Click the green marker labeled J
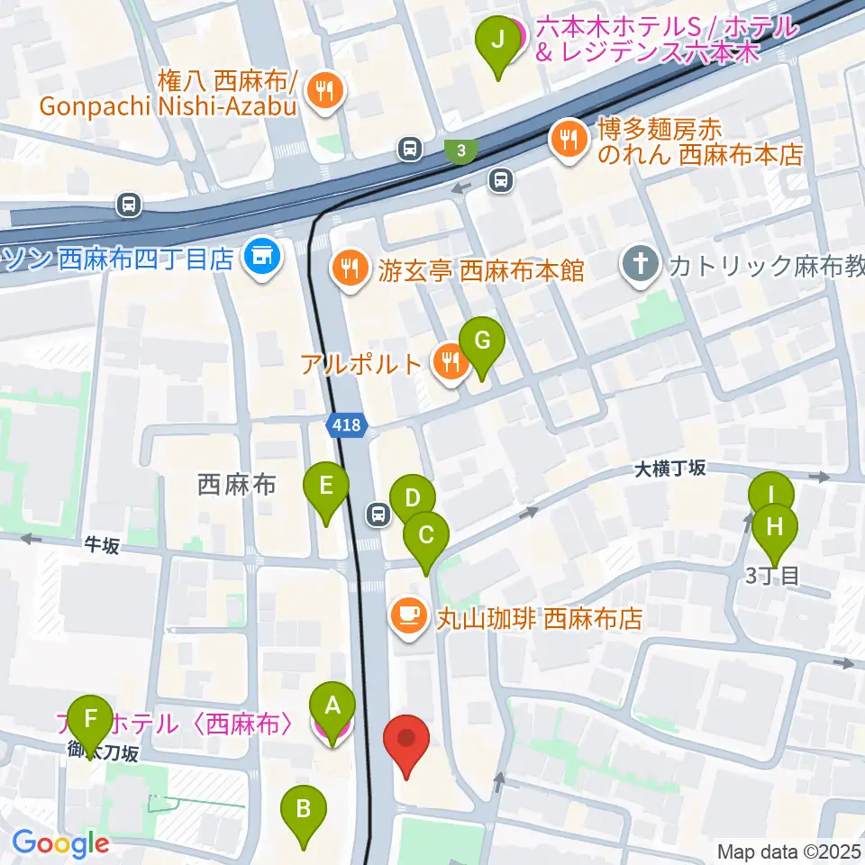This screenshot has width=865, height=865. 496,41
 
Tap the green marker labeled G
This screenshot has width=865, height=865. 482,342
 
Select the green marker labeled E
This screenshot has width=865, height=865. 326,487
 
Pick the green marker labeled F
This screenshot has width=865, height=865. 90,718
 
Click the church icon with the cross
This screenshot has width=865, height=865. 640,266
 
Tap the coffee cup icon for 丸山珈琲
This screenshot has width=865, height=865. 407,617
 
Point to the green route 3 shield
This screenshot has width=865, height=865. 461,150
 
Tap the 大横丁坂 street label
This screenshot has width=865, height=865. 670,469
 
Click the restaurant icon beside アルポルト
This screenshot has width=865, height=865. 448,362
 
